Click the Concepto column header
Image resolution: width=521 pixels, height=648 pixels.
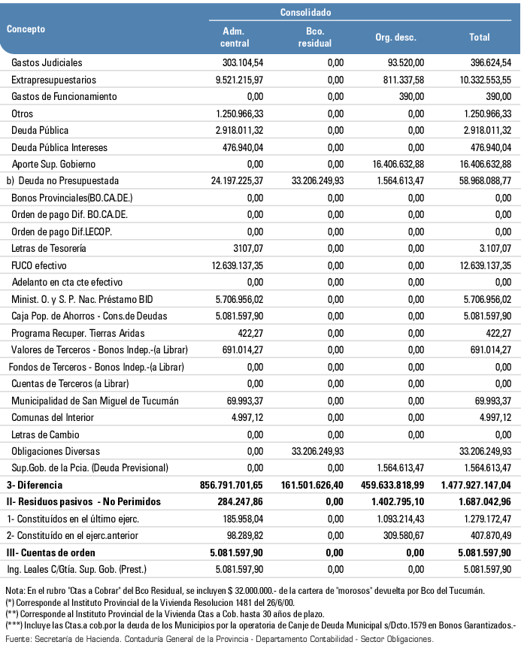click(26, 29)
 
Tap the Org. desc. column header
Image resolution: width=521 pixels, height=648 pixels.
click(395, 38)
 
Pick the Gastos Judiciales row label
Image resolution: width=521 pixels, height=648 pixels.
click(47, 62)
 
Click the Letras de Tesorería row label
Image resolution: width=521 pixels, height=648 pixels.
click(47, 248)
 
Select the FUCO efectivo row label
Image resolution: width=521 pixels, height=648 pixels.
click(41, 265)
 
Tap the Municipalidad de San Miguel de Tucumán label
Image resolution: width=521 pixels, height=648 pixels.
click(95, 401)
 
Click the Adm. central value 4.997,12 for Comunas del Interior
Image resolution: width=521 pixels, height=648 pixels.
click(246, 417)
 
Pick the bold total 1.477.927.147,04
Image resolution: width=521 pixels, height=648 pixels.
click(474, 485)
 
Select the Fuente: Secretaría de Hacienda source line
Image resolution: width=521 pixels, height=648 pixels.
click(218, 638)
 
